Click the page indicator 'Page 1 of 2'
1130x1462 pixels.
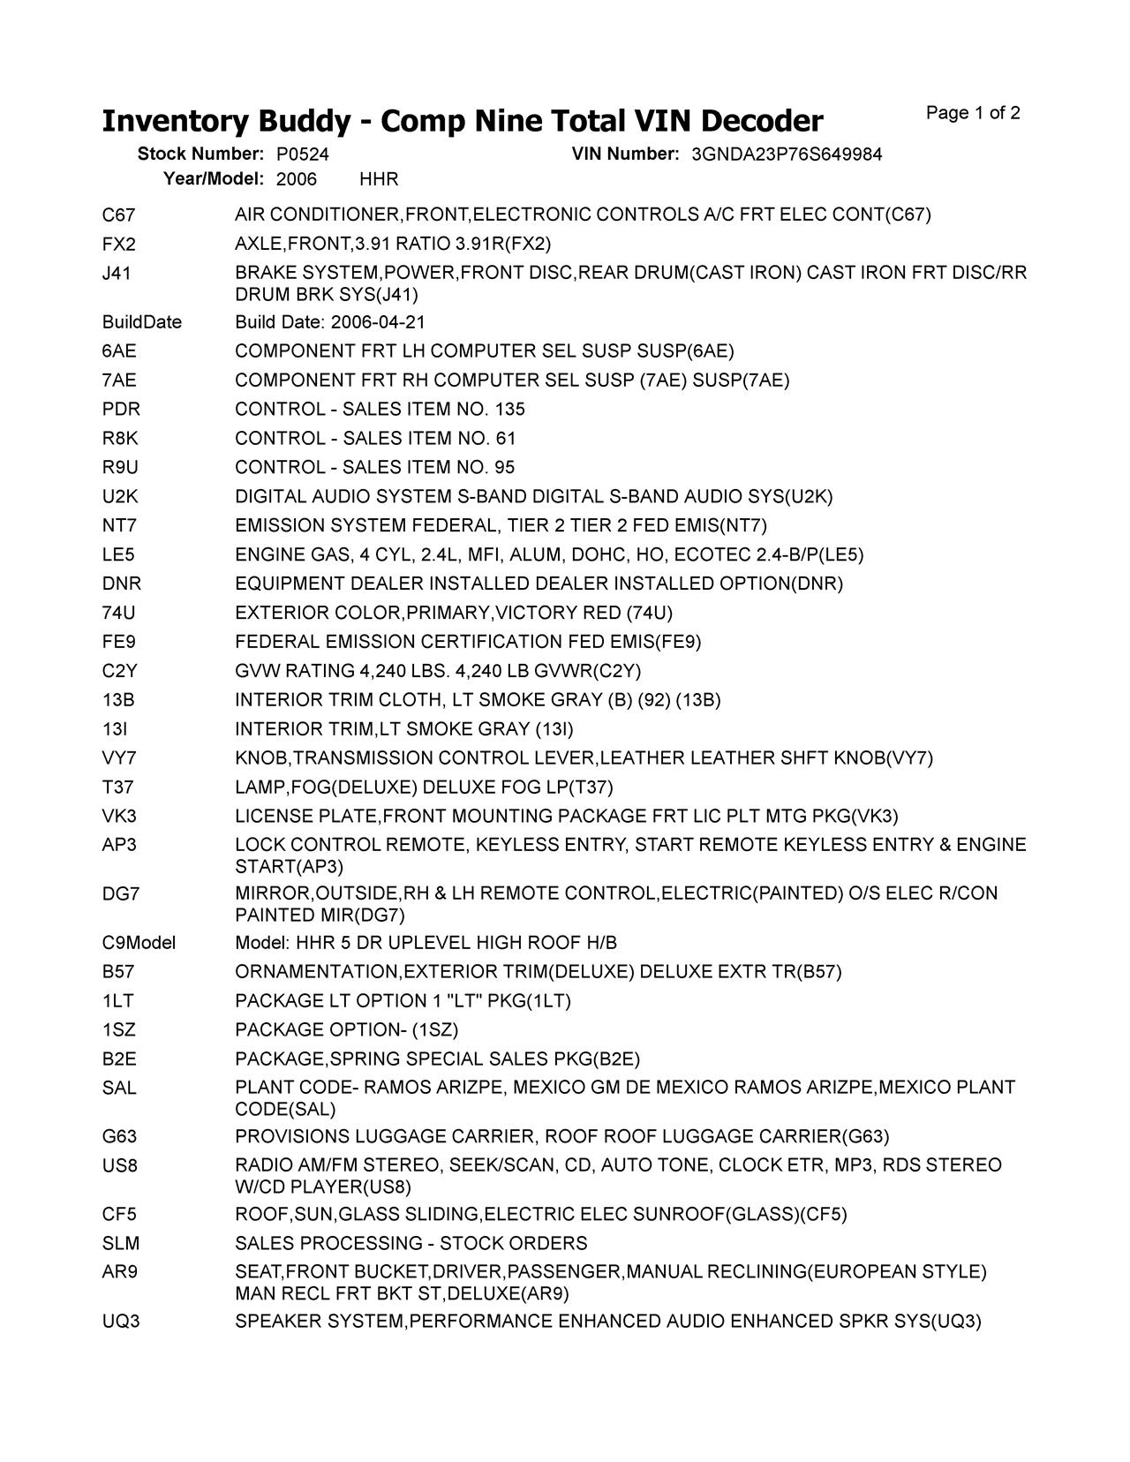(x=973, y=113)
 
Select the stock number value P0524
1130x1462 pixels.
(x=302, y=154)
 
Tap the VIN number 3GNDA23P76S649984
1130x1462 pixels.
(x=787, y=154)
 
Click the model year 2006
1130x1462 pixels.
(x=296, y=179)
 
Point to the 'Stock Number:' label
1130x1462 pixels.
(x=200, y=154)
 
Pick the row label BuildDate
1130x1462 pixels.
(x=141, y=322)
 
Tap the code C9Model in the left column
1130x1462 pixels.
(x=139, y=943)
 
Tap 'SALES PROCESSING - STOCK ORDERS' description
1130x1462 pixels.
(x=411, y=1243)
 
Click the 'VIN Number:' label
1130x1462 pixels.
(x=625, y=154)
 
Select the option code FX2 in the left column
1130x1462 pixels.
(x=119, y=244)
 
